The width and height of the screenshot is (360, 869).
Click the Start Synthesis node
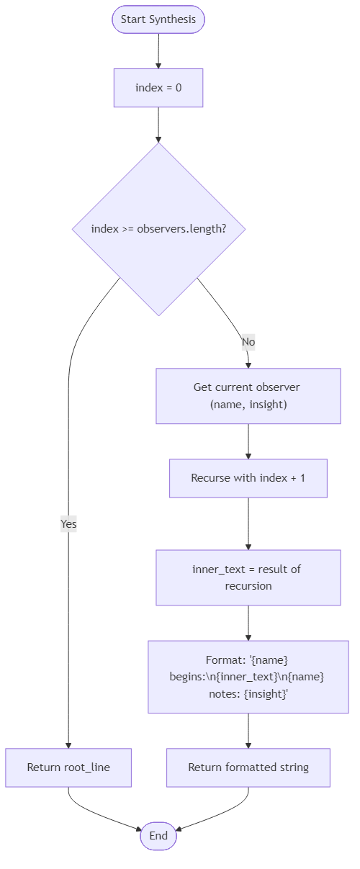coord(158,19)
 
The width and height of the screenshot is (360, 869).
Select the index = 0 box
coord(158,89)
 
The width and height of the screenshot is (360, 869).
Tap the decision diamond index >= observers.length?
coord(158,229)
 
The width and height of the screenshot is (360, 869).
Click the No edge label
coord(248,341)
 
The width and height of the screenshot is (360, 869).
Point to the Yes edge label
coord(68,524)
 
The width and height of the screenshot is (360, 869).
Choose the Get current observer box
coord(248,396)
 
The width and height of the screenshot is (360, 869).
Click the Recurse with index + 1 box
coord(248,478)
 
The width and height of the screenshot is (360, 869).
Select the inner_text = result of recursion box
coord(248,577)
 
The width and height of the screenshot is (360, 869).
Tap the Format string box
coord(248,677)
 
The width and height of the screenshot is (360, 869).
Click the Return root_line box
coord(68,767)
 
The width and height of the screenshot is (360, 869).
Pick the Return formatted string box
coord(248,767)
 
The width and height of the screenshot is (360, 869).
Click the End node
coord(158,836)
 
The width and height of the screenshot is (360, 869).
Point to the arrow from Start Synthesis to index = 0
coord(158,51)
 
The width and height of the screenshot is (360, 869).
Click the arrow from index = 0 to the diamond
coord(158,125)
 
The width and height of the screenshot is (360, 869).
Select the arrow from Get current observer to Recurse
coord(248,441)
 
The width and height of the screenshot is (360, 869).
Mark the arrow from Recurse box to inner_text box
coord(248,523)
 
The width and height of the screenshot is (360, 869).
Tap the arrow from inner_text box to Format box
coord(248,623)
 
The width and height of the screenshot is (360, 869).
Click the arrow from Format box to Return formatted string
coord(248,731)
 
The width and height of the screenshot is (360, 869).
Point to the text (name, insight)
coord(248,405)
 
